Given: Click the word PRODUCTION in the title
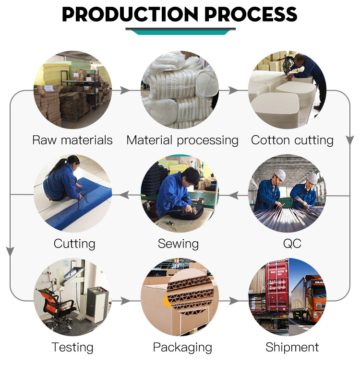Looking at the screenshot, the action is pyautogui.click(x=130, y=14).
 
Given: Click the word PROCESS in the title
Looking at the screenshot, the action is pyautogui.click(x=251, y=14).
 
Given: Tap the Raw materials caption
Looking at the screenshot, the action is pyautogui.click(x=72, y=140).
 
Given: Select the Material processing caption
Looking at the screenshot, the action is pyautogui.click(x=182, y=141).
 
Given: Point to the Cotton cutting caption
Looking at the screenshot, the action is pyautogui.click(x=292, y=141).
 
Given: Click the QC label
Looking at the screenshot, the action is pyautogui.click(x=292, y=244).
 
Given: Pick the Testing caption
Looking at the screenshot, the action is pyautogui.click(x=72, y=348).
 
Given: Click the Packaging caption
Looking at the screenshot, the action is pyautogui.click(x=182, y=348).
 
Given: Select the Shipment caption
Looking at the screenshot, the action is pyautogui.click(x=292, y=347).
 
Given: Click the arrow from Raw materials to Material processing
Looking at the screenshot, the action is pyautogui.click(x=125, y=91).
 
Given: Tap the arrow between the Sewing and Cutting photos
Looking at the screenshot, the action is pyautogui.click(x=124, y=195).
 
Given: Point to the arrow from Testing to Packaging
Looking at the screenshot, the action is pyautogui.click(x=125, y=301).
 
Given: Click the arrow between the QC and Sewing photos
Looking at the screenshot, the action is pyautogui.click(x=234, y=195).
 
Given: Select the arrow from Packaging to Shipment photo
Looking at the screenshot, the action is pyautogui.click(x=234, y=301).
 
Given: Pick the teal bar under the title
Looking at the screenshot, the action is pyautogui.click(x=180, y=32).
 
